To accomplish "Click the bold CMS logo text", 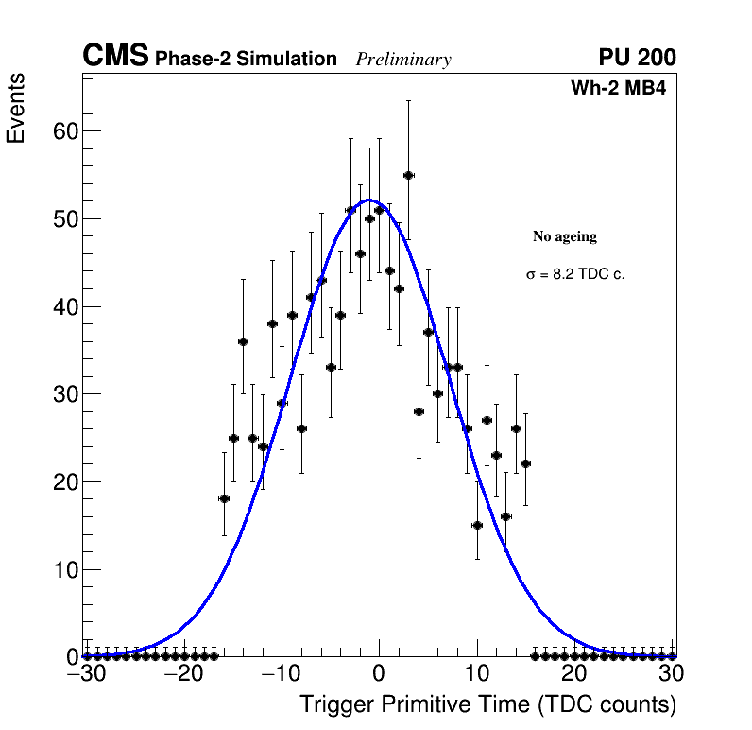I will point(115,57).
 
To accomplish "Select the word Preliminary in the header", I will point(403,60).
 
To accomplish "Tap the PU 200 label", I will point(637,58).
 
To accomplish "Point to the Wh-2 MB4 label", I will point(618,89).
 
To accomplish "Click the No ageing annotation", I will point(565,236).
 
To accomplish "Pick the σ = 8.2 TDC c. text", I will point(575,274).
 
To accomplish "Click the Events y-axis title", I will point(16,108).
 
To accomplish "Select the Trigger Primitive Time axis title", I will point(487,704).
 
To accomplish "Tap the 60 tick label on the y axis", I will point(64,130).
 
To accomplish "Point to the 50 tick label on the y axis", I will point(64,218).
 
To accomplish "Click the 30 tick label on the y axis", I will point(64,394).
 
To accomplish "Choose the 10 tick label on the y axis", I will point(64,569).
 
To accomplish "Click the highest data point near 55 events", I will point(408,175).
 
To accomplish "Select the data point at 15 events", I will point(477,525).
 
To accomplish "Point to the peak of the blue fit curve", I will point(369,200).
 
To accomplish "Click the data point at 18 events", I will point(224,498).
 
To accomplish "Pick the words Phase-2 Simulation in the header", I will point(246,60).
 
